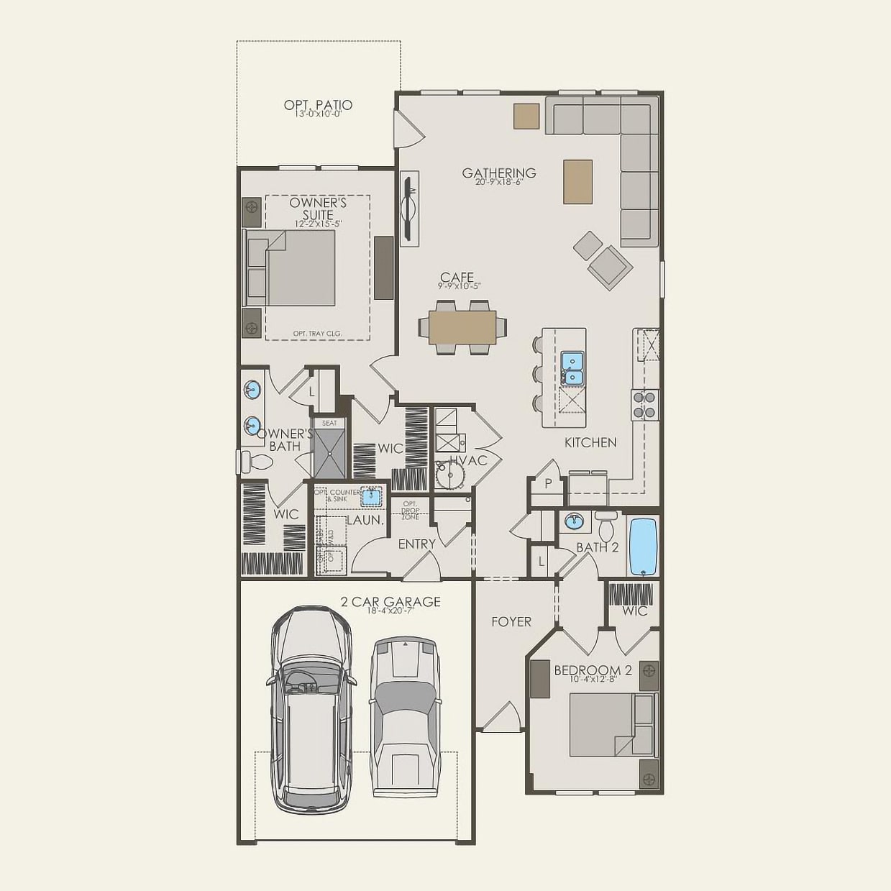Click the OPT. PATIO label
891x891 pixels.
pos(318,106)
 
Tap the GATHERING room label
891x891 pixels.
pos(499,173)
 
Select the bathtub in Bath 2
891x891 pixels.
pos(644,547)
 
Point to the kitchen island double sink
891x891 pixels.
pos(572,367)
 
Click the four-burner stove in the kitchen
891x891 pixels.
pos(645,405)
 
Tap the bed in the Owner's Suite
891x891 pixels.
pos(299,268)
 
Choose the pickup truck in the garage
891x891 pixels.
pos(405,716)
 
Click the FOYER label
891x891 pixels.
pos(511,621)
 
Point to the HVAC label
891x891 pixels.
pos(468,460)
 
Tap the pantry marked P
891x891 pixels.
pos(547,484)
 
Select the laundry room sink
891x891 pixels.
pos(371,495)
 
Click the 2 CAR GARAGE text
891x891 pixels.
pos(390,602)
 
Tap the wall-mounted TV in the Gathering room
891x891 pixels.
pos(409,209)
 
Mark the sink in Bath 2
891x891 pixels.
pos(573,521)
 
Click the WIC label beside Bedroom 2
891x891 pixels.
pos(634,611)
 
